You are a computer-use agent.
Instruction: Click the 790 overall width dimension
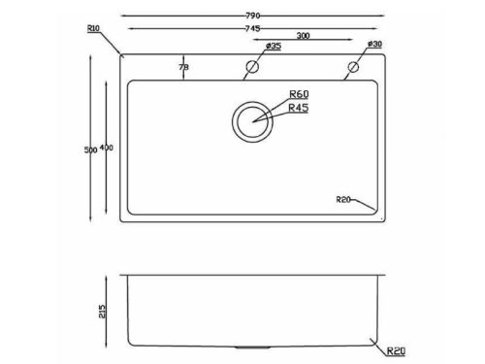click(253, 16)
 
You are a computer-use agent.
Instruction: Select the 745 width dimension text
click(252, 29)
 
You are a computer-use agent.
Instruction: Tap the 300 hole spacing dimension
click(303, 36)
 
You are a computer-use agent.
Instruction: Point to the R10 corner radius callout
click(93, 28)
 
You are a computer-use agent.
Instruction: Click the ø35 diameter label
click(274, 46)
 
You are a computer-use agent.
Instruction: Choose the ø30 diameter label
click(374, 44)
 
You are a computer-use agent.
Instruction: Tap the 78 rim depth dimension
click(183, 67)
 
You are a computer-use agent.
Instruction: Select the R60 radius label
click(299, 94)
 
